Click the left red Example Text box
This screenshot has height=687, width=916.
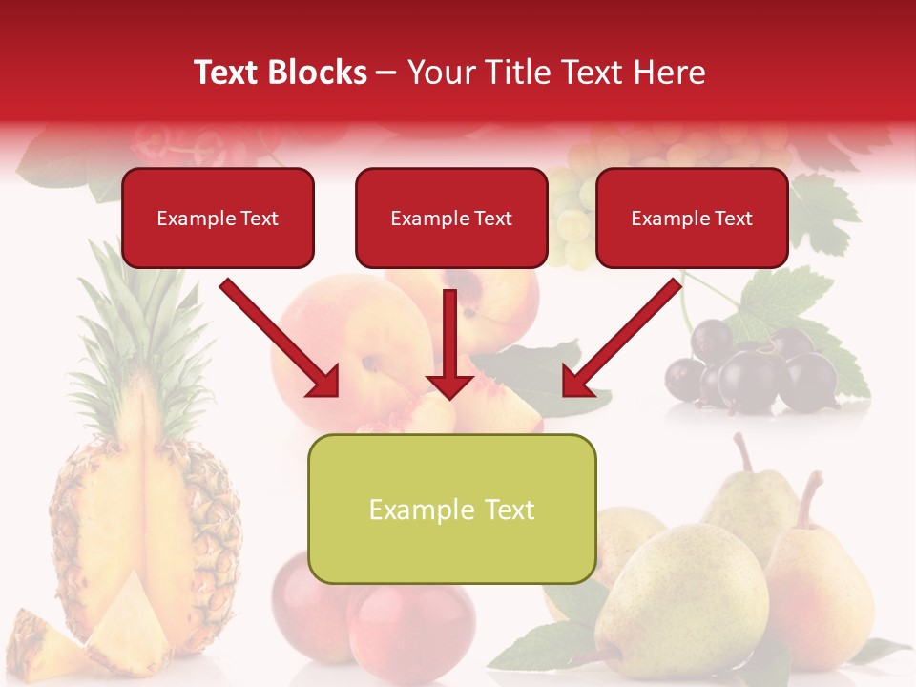pos(218,218)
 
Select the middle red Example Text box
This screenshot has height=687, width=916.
pos(451,218)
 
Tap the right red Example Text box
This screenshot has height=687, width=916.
pos(692,218)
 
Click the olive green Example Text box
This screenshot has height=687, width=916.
pos(451,509)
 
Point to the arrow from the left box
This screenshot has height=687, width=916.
pos(281,339)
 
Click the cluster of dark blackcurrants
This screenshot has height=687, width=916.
pos(754,367)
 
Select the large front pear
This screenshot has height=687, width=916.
pos(682,596)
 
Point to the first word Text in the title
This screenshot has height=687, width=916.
pos(227,73)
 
